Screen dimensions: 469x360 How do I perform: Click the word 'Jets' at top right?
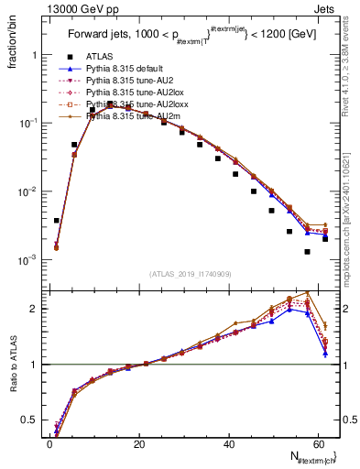(x=327, y=8)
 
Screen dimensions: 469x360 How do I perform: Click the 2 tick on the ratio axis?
(x=36, y=308)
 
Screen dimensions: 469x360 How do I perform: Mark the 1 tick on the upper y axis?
(x=36, y=55)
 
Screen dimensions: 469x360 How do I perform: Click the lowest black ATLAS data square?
(x=307, y=251)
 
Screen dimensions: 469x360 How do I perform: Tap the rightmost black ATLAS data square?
(x=325, y=239)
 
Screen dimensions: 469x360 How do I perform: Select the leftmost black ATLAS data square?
(x=57, y=221)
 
